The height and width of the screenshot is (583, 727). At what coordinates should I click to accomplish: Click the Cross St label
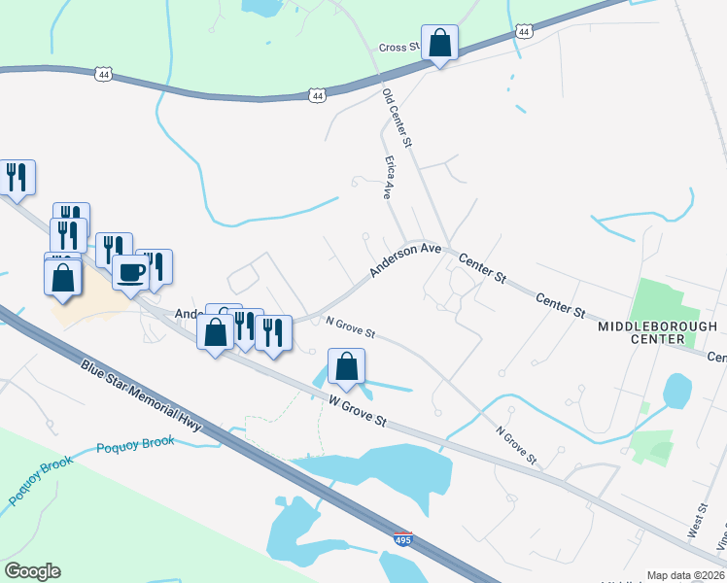pyautogui.click(x=398, y=47)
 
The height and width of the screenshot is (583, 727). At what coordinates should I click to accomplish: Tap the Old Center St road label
pyautogui.click(x=398, y=118)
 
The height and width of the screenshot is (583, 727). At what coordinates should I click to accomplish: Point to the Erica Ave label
pyautogui.click(x=390, y=176)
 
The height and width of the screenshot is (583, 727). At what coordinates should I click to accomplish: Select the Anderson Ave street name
pyautogui.click(x=405, y=259)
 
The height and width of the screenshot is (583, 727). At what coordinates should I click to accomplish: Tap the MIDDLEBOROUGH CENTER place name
pyautogui.click(x=657, y=332)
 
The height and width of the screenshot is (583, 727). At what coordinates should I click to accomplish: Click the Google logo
pyautogui.click(x=32, y=571)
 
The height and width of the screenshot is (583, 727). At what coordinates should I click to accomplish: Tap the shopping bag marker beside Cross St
pyautogui.click(x=440, y=44)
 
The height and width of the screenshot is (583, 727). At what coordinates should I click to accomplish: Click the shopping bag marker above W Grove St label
pyautogui.click(x=347, y=367)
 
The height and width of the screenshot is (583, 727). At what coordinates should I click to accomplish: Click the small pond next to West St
pyautogui.click(x=677, y=391)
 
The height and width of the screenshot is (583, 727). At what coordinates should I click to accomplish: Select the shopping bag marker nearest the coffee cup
pyautogui.click(x=63, y=278)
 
